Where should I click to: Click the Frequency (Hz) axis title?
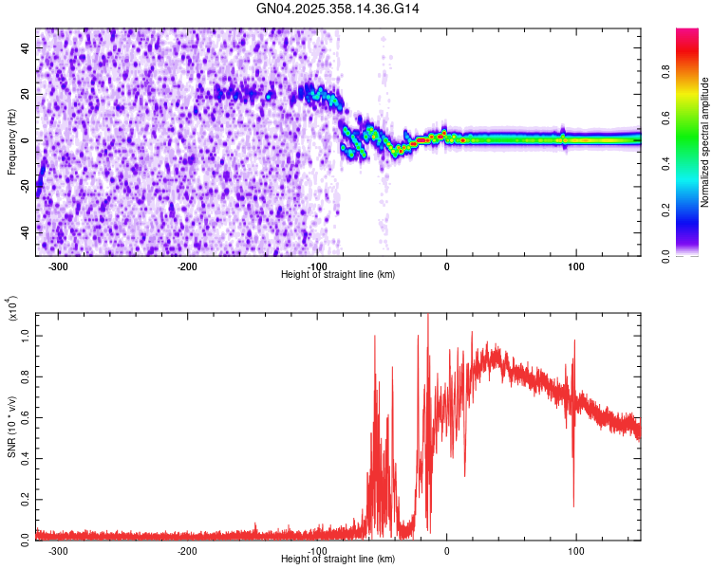11,142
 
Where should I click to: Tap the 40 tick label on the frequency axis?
27,46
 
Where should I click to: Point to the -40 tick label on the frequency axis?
25,230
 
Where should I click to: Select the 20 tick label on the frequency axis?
27,94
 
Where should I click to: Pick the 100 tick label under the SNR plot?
575,550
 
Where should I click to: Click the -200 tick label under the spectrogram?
187,266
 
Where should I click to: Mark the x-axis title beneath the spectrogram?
338,274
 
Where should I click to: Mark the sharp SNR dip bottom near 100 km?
573,505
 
